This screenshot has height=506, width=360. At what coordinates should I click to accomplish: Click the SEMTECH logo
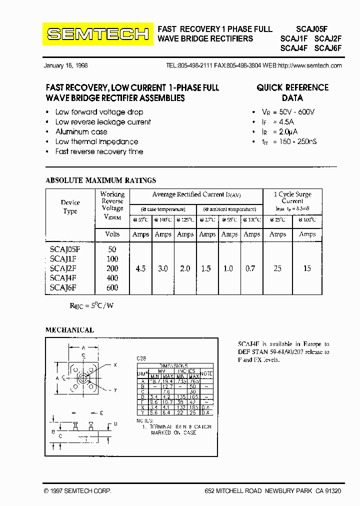coord(97,34)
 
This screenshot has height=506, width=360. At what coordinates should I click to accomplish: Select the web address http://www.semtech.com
coord(309,65)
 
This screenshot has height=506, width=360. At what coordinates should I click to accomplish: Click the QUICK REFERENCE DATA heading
coord(292,92)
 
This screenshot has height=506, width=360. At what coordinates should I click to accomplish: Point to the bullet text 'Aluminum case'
coord(81,131)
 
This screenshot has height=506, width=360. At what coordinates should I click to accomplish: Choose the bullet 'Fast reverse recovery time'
coord(99,151)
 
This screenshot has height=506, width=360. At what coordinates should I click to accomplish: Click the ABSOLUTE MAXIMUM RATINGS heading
coord(100,180)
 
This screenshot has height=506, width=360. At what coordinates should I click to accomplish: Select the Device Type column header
coord(70,206)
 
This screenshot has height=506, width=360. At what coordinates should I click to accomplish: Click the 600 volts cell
coord(112,287)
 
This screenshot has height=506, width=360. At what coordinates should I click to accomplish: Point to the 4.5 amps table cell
coord(140,268)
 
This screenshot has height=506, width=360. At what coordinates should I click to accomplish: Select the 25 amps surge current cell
coord(277,268)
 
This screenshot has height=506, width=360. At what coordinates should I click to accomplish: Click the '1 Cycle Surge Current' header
coord(292,197)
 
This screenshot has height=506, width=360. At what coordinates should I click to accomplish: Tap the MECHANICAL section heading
coord(69,330)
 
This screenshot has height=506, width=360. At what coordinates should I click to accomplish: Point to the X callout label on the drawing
coord(115,365)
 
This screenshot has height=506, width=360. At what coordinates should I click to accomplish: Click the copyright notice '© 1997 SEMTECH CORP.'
coord(77,491)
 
